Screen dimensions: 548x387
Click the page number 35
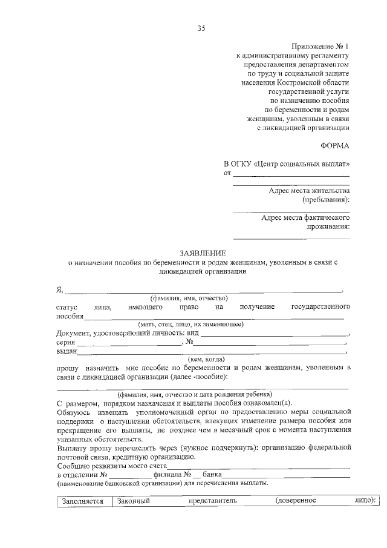[201, 28]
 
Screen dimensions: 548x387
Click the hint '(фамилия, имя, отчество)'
[189, 298]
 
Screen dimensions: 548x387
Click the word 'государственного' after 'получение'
[320, 307]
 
